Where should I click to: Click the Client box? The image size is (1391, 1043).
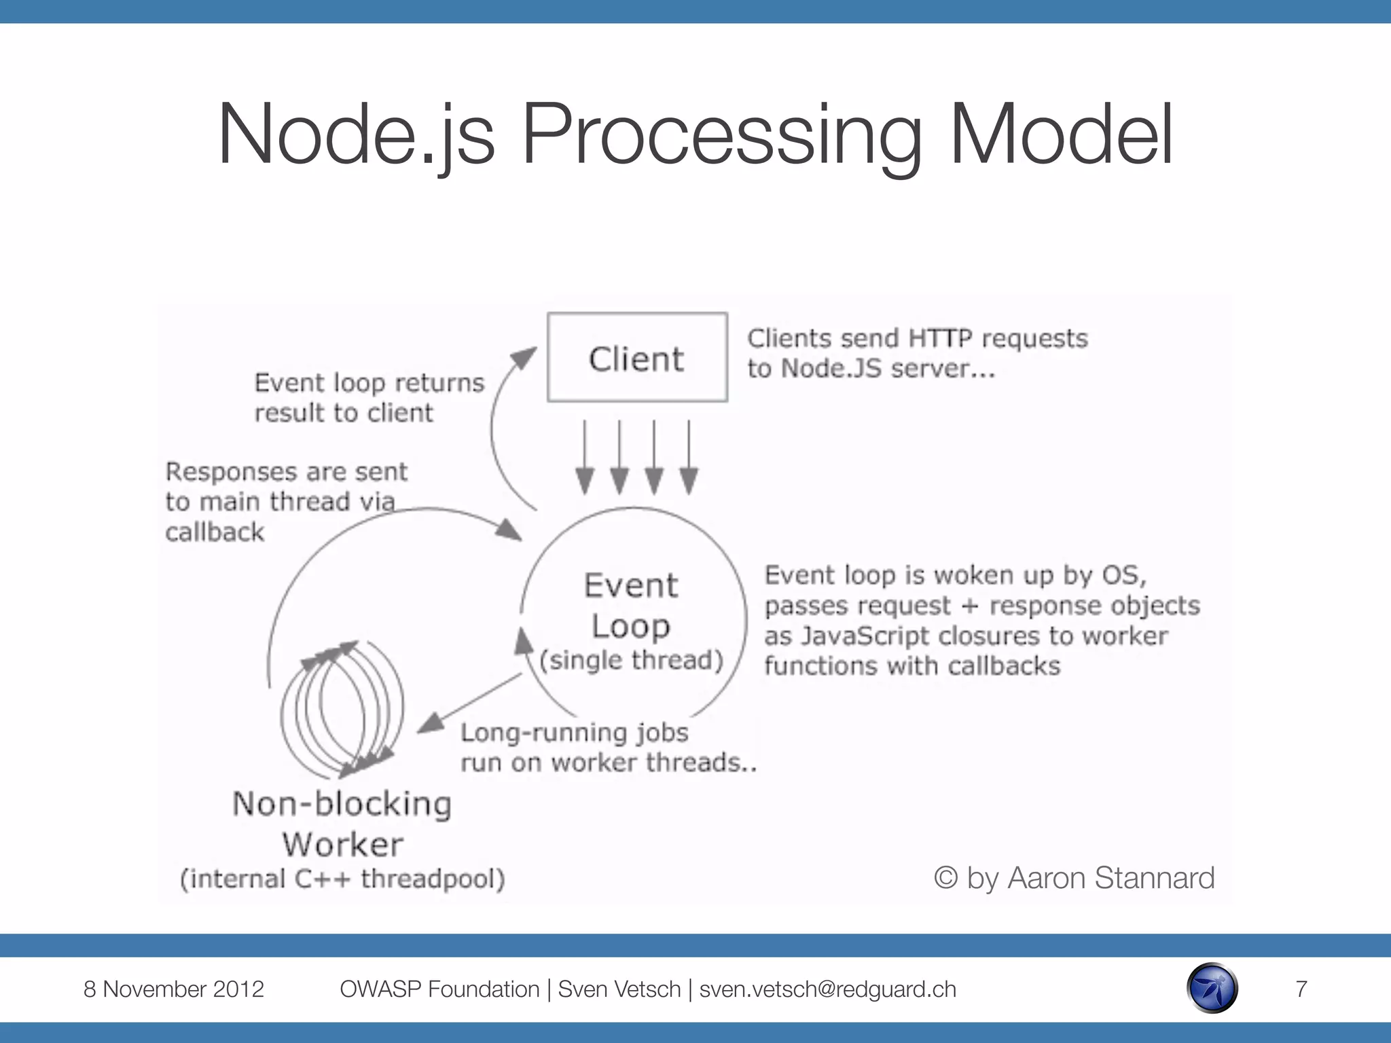[637, 358]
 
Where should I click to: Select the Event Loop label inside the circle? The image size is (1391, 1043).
[631, 606]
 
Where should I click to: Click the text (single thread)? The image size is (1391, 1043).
[631, 660]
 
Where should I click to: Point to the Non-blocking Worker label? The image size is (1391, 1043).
[342, 824]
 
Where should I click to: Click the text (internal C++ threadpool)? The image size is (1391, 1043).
[342, 879]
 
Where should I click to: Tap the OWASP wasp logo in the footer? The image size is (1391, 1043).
[1212, 988]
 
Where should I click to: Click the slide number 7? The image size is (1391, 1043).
[1301, 989]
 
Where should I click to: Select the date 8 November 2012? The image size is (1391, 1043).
[173, 989]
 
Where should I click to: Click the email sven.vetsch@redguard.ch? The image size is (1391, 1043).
[827, 989]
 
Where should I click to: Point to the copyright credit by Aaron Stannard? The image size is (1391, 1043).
[1074, 877]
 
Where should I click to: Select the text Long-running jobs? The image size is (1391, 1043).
[574, 733]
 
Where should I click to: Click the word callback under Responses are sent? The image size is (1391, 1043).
[215, 532]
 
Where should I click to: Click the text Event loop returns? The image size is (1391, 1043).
[369, 383]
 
